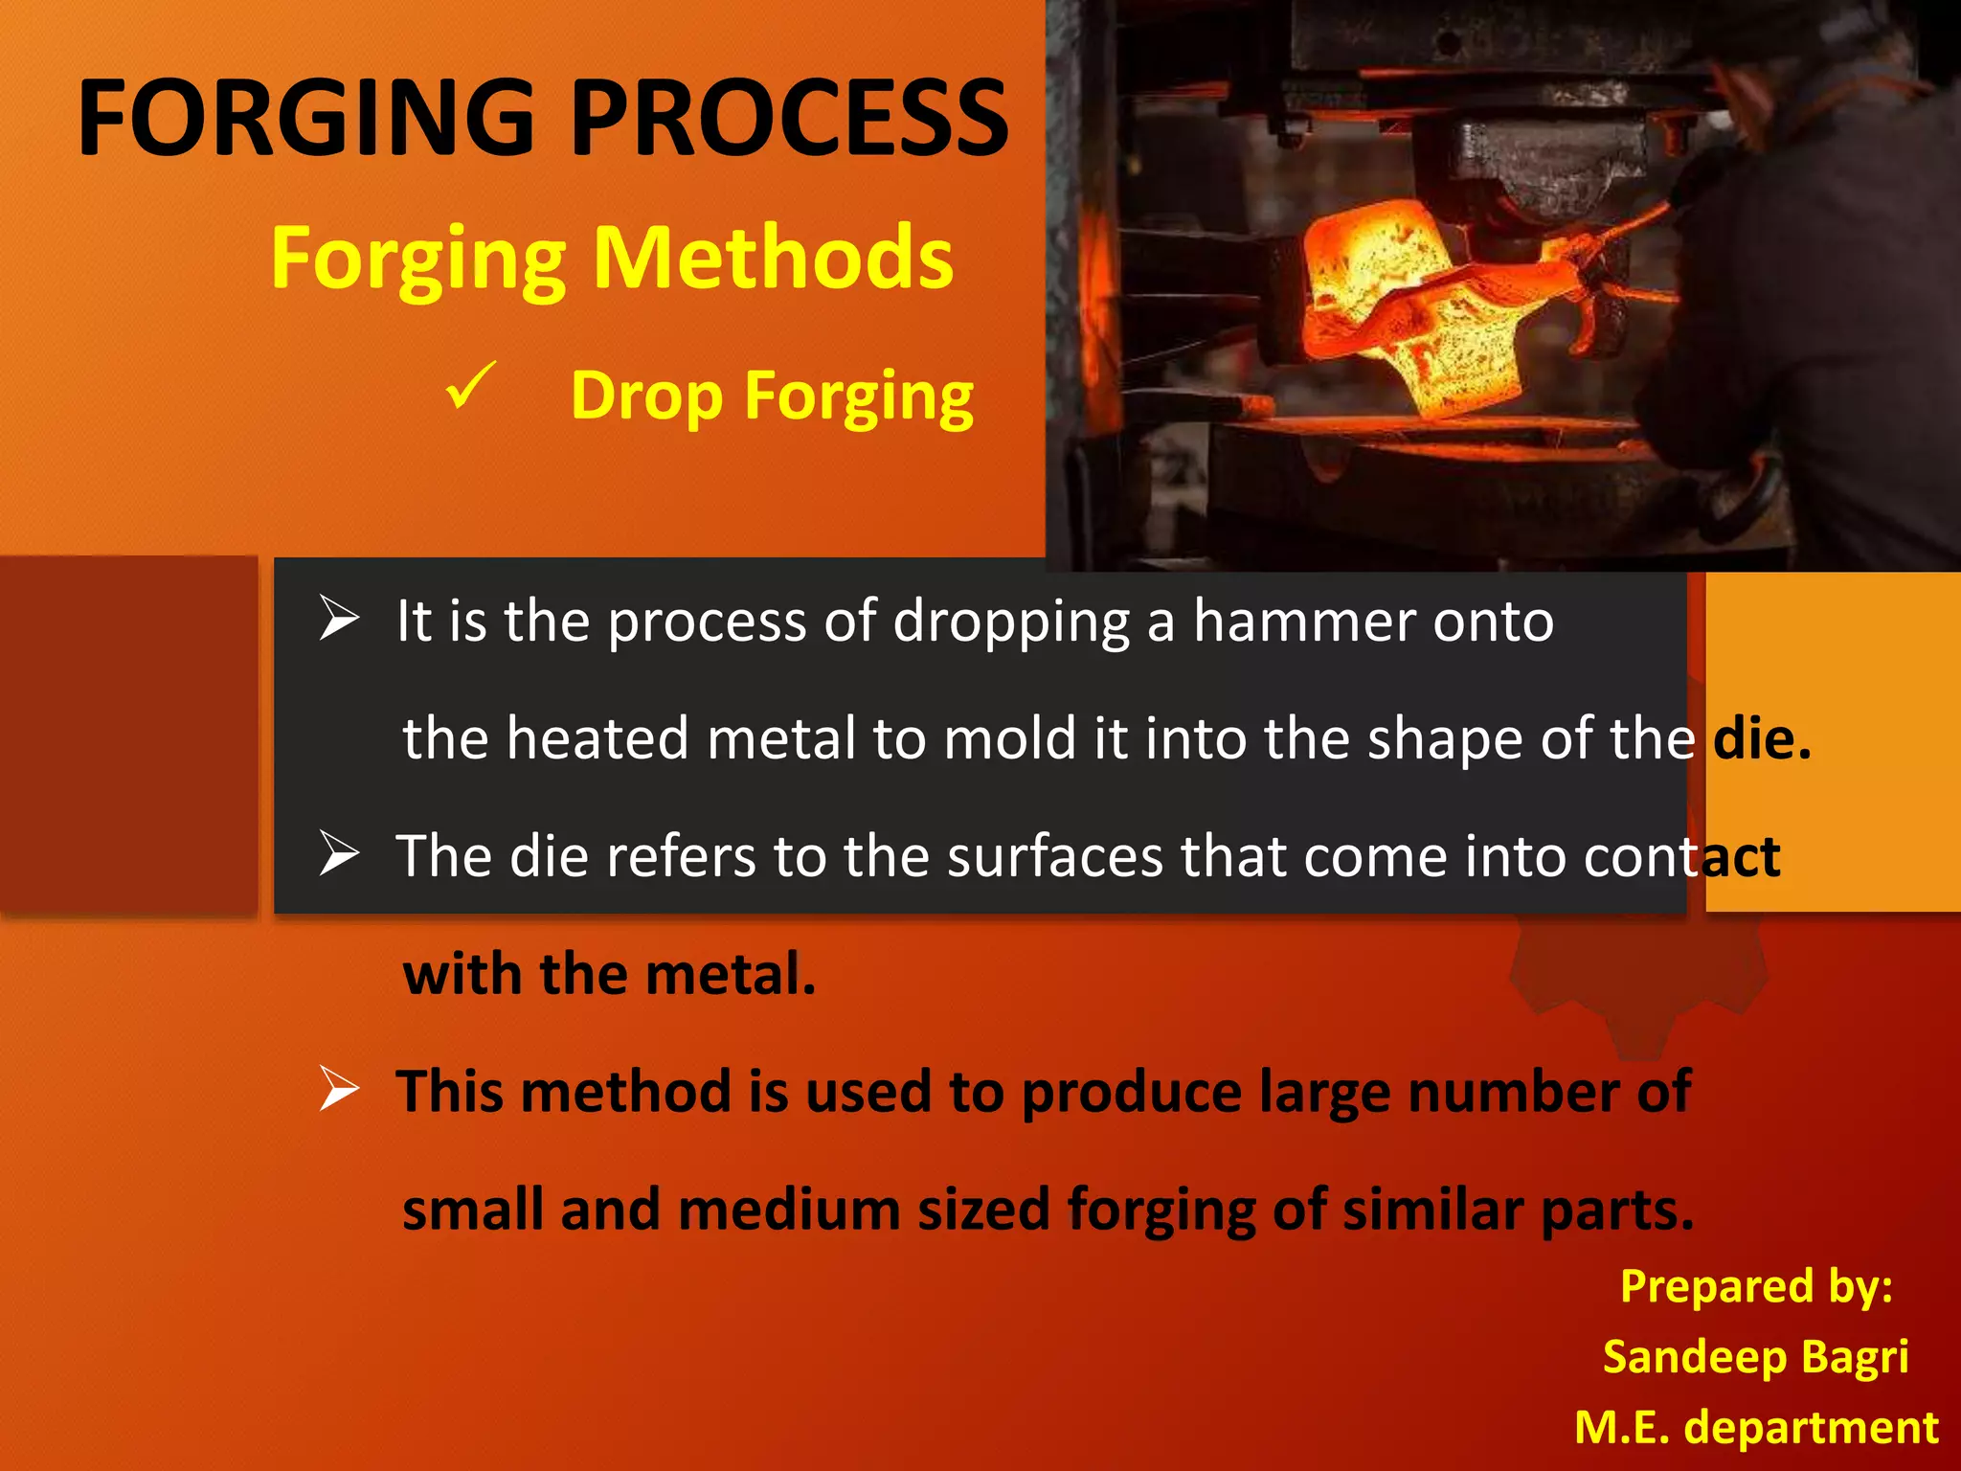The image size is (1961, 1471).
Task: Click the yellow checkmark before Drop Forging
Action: [x=471, y=385]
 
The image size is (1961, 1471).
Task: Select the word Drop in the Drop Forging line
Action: [x=646, y=395]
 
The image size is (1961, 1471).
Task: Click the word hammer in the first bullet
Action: [x=1303, y=621]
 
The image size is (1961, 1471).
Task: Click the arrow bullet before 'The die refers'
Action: [x=339, y=853]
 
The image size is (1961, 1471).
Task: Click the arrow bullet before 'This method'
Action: [x=339, y=1089]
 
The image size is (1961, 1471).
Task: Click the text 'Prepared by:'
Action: [x=1756, y=1285]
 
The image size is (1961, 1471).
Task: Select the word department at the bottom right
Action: [x=1811, y=1427]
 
